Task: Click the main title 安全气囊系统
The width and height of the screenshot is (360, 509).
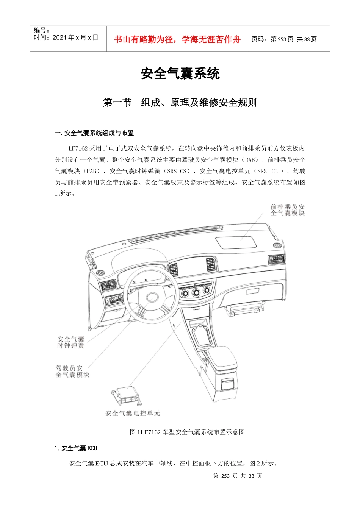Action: click(x=180, y=73)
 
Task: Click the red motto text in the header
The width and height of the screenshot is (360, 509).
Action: click(x=177, y=39)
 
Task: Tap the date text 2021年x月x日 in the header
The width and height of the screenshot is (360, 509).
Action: click(x=75, y=37)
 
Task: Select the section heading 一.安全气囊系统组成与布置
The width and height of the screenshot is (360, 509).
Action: click(x=94, y=133)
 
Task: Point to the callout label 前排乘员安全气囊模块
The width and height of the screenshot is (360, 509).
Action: click(x=288, y=210)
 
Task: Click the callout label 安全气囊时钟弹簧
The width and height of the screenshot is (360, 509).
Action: click(x=71, y=342)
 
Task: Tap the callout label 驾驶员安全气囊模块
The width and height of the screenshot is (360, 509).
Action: click(x=72, y=371)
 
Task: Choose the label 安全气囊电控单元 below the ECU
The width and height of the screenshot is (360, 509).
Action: click(x=133, y=413)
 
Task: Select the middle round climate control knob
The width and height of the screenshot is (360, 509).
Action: click(x=196, y=292)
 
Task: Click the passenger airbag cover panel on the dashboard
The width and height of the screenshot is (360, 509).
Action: click(x=235, y=242)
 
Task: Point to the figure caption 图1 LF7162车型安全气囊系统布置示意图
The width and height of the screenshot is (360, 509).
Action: click(x=187, y=432)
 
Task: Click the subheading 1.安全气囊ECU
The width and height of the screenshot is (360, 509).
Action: click(x=76, y=448)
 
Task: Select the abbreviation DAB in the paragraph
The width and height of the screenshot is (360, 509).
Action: click(x=251, y=160)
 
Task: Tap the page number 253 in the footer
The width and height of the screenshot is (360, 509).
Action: click(x=225, y=476)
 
